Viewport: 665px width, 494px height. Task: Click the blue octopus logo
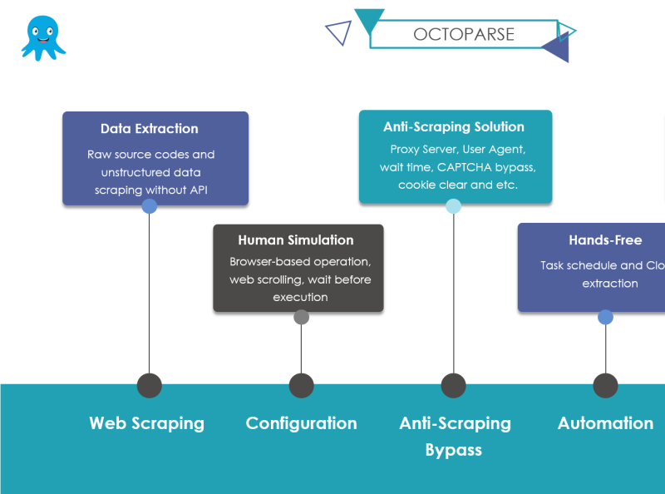click(42, 38)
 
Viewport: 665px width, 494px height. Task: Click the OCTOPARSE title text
click(464, 34)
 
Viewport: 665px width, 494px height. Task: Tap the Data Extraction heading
click(150, 129)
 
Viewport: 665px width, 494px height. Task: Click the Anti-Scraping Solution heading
click(454, 127)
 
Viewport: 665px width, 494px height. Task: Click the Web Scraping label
click(146, 423)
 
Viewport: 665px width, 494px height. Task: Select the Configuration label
click(301, 423)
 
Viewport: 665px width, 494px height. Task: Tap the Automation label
click(605, 423)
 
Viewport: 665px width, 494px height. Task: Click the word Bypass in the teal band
click(453, 450)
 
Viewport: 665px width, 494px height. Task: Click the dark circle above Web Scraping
click(149, 385)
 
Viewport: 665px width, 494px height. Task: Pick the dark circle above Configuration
click(301, 385)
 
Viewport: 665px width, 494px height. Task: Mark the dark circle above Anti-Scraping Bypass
click(453, 385)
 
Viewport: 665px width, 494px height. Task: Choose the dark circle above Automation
click(605, 385)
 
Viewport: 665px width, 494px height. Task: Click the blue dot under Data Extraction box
click(150, 206)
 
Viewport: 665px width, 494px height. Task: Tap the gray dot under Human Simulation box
click(301, 317)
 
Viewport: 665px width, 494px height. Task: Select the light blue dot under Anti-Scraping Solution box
click(453, 206)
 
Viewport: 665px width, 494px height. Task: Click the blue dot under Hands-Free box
click(605, 317)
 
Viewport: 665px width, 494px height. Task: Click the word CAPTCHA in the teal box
click(465, 167)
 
